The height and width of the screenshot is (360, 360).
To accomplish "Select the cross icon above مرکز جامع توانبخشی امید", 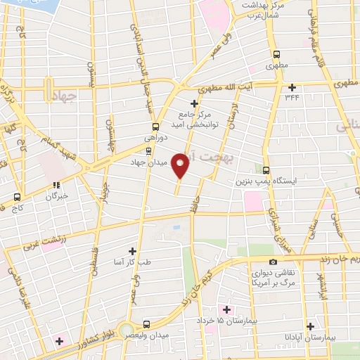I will tap(195, 103).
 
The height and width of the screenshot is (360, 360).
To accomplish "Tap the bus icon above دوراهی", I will tap(156, 127).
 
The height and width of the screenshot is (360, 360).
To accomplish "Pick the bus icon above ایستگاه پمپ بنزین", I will tap(266, 170).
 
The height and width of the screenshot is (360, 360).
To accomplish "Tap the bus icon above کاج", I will tap(18, 198).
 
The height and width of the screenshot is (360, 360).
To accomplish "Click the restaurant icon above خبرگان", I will tap(55, 186).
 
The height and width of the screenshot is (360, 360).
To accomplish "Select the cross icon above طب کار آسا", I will tap(131, 251).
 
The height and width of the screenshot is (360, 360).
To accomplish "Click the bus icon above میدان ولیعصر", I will tap(146, 325).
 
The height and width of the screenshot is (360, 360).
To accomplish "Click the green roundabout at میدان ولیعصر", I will tap(126, 329).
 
